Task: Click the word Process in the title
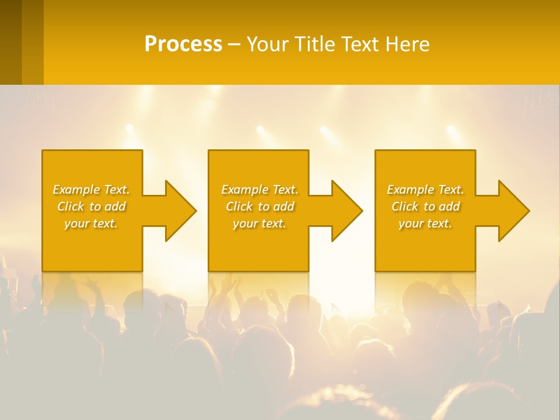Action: tap(183, 44)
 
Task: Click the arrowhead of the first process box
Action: tap(181, 211)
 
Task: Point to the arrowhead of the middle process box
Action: tap(347, 211)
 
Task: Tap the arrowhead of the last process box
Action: tap(514, 211)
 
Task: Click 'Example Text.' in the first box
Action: tap(91, 190)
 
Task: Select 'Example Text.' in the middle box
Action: tap(260, 190)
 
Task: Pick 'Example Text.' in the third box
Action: tap(425, 190)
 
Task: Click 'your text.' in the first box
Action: tap(91, 223)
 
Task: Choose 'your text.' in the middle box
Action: tap(260, 223)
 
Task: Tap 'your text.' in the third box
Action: tap(425, 223)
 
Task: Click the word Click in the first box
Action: tap(71, 206)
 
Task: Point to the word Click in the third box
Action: tap(405, 206)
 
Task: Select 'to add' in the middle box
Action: tap(275, 206)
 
